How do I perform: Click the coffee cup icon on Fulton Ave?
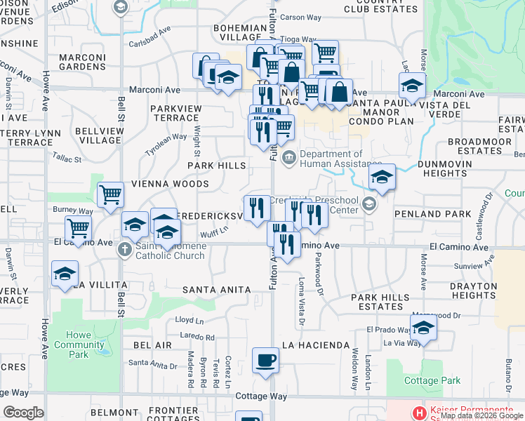265,361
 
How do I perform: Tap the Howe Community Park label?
79,345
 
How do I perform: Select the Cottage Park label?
432,380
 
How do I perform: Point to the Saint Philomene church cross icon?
125,249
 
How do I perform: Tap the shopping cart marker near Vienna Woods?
110,194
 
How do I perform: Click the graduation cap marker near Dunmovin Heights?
382,177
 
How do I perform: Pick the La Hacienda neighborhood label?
316,345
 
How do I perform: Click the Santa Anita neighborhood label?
216,289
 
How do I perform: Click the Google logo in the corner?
23,412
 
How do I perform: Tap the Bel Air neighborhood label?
152,346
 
